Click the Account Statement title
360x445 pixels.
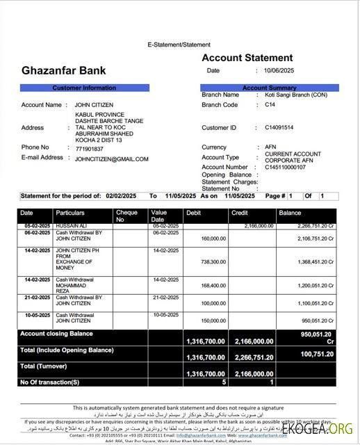[247, 58]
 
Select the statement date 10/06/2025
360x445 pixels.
[279, 71]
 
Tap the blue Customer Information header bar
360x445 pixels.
[84, 88]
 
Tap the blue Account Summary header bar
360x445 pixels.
[269, 88]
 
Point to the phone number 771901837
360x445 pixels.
[89, 149]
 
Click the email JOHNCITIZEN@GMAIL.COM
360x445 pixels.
[111, 159]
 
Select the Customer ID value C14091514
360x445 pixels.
[279, 128]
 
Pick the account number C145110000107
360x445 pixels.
[285, 168]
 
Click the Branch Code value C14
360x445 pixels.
[270, 105]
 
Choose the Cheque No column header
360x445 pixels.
[126, 216]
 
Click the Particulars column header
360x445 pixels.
[70, 213]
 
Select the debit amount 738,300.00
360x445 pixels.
[213, 262]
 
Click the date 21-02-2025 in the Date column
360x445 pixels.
[36, 298]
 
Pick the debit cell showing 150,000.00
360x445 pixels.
[213, 321]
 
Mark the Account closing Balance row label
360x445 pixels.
[57, 334]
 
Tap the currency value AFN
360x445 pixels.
[270, 147]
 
